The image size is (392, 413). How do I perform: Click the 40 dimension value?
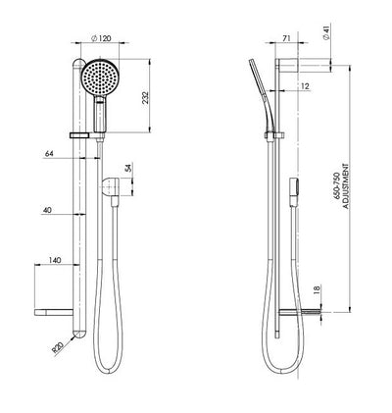tap(47, 208)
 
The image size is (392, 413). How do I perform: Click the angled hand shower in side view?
tap(262, 93)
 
